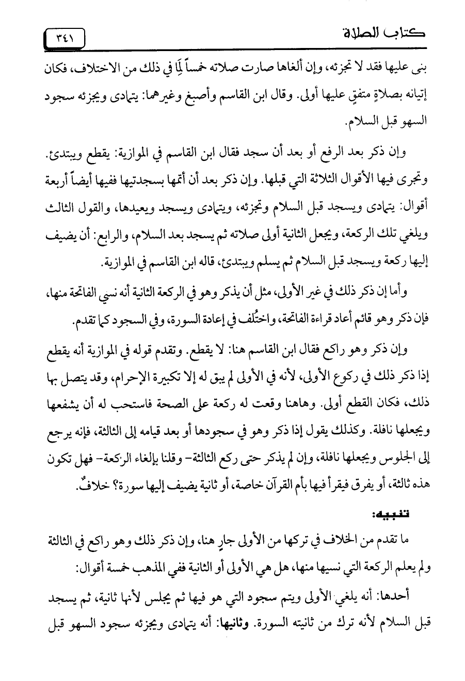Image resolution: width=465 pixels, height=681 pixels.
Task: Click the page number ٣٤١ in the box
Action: (x=65, y=38)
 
